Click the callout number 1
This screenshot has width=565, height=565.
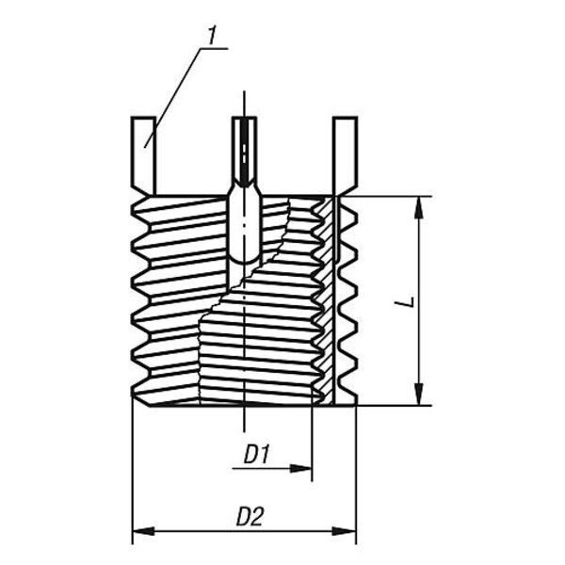(x=214, y=35)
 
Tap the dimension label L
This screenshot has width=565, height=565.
(x=403, y=302)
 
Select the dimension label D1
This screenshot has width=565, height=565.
(x=257, y=455)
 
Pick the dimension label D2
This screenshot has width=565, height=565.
(x=249, y=517)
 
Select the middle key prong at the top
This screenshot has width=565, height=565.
(x=245, y=151)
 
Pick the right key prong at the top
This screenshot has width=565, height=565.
(x=346, y=151)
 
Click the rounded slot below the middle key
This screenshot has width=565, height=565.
(x=245, y=226)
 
